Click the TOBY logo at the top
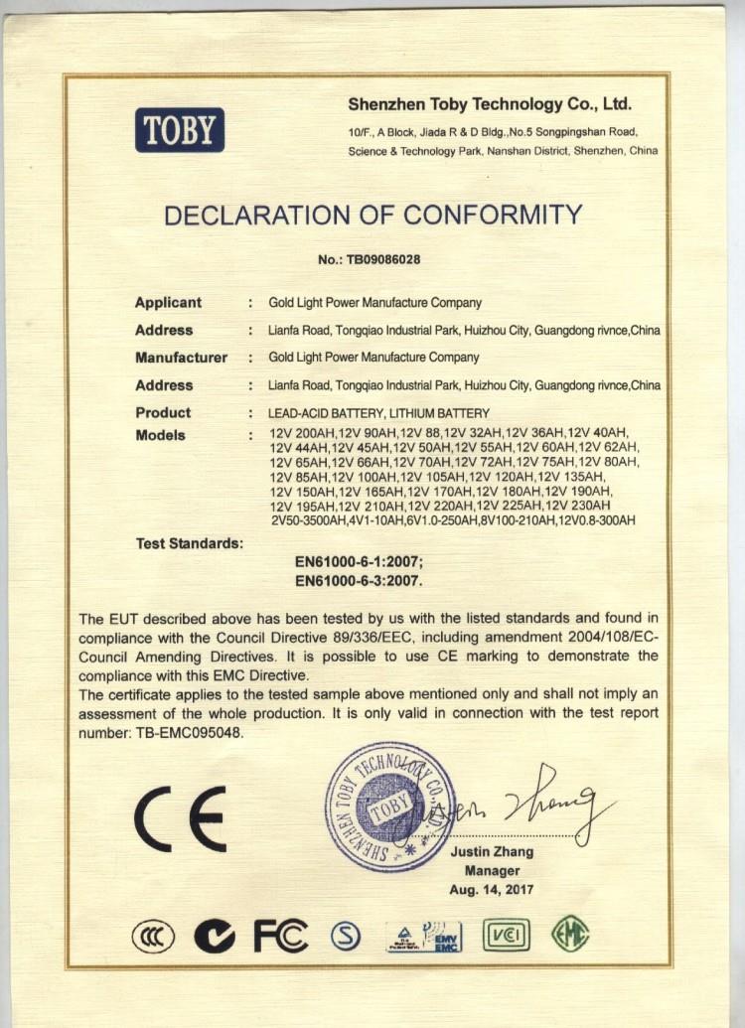point(180,130)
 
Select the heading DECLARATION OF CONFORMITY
point(372,215)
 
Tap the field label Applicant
point(168,302)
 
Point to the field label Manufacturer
point(181,357)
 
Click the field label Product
point(163,412)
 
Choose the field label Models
point(160,435)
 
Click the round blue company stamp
point(389,807)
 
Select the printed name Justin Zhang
point(492,851)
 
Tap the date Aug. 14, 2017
point(491,890)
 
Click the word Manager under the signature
point(492,870)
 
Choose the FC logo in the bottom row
point(280,935)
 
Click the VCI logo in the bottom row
point(506,935)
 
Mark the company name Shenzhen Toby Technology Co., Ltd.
point(490,104)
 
